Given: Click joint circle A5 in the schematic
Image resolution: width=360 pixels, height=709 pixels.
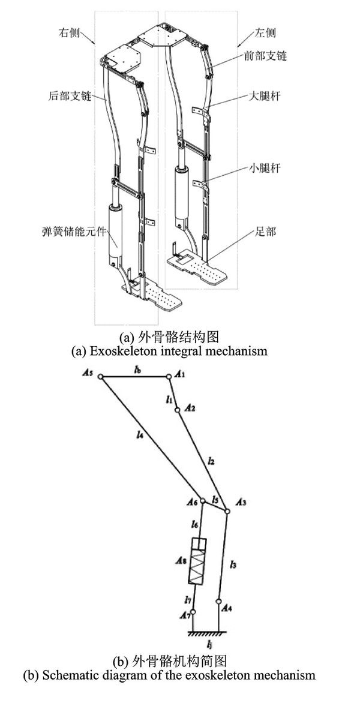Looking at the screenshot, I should point(101,377).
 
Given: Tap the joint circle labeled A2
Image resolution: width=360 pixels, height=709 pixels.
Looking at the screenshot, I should point(177,411).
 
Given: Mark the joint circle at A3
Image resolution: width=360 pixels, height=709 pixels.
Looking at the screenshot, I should point(227,511).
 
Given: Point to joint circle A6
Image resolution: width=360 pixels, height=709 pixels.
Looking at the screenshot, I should point(203,503).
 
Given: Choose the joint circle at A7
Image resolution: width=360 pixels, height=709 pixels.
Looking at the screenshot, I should point(190,611).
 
